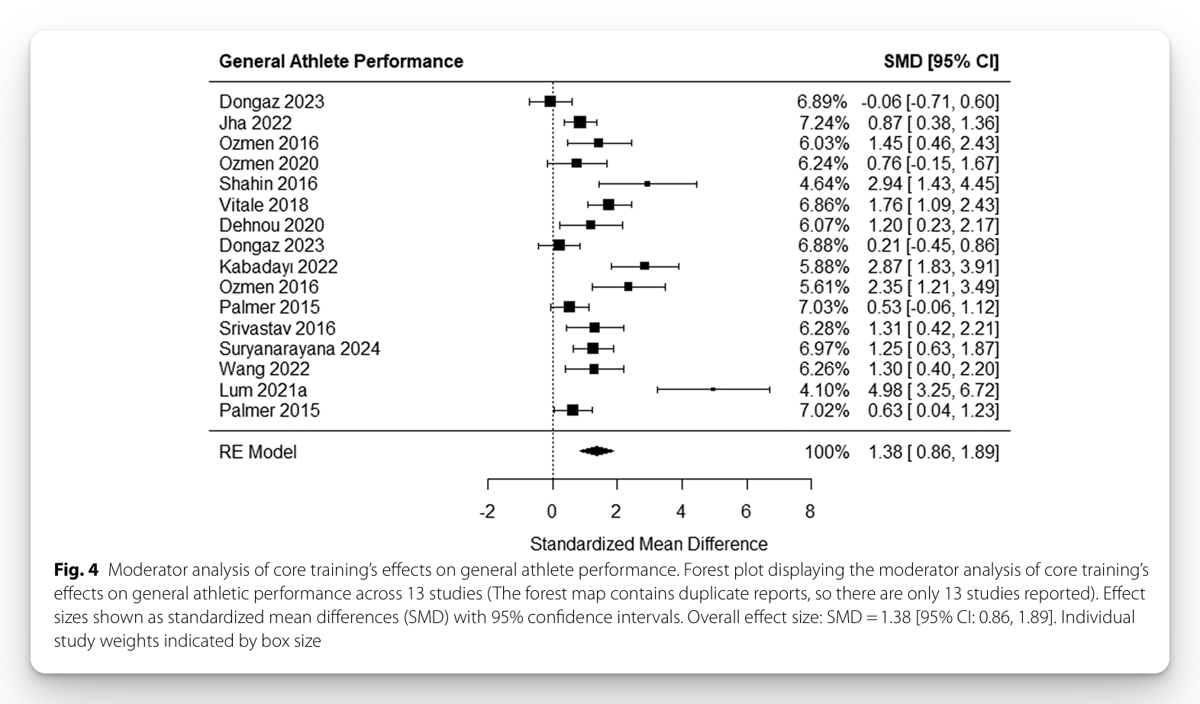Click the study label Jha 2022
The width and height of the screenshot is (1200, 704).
pyautogui.click(x=255, y=123)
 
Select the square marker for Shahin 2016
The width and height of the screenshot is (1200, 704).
pyautogui.click(x=647, y=184)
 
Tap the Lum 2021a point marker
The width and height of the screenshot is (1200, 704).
pyautogui.click(x=713, y=389)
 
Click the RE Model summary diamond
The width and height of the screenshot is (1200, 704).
pyautogui.click(x=596, y=451)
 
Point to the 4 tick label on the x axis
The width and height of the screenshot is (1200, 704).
pyautogui.click(x=681, y=512)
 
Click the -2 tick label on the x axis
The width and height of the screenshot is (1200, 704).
pyautogui.click(x=487, y=512)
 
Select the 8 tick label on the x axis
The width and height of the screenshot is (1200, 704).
pyautogui.click(x=810, y=512)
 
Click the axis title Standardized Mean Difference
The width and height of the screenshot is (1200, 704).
pyautogui.click(x=648, y=544)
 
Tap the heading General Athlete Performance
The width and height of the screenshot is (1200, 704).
pyautogui.click(x=340, y=62)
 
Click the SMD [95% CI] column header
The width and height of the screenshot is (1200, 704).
pyautogui.click(x=940, y=62)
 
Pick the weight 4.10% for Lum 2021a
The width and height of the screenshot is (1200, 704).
pyautogui.click(x=824, y=390)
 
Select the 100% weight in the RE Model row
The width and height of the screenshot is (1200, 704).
pyautogui.click(x=826, y=452)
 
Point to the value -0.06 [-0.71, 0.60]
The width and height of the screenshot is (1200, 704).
pyautogui.click(x=930, y=102)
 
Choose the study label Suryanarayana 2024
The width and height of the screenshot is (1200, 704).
pyautogui.click(x=299, y=349)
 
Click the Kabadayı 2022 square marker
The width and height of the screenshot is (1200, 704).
pyautogui.click(x=644, y=266)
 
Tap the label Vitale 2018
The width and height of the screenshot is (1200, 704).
pyautogui.click(x=263, y=205)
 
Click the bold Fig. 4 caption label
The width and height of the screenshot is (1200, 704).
pyautogui.click(x=76, y=570)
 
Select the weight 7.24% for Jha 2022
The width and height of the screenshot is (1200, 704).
pyautogui.click(x=823, y=123)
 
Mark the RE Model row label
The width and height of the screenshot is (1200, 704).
pyautogui.click(x=257, y=452)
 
